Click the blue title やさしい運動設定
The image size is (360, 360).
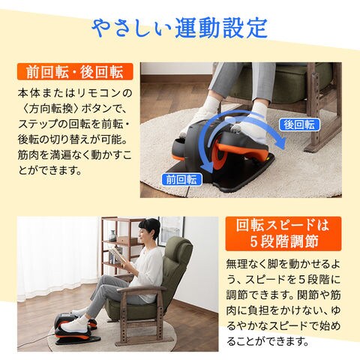pyautogui.click(x=179, y=28)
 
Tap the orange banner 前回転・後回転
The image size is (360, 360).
pyautogui.click(x=75, y=71)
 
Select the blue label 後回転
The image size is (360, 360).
pyautogui.click(x=299, y=124)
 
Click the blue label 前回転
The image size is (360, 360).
pyautogui.click(x=181, y=179)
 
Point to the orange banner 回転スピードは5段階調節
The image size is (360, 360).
pyautogui.click(x=283, y=233)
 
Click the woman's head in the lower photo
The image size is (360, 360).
pyautogui.click(x=149, y=229)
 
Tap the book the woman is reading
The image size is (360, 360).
pyautogui.click(x=116, y=254)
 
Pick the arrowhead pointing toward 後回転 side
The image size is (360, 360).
pyautogui.click(x=280, y=142)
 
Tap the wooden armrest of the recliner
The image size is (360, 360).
pyautogui.click(x=141, y=289)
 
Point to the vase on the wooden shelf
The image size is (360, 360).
pyautogui.click(x=113, y=235)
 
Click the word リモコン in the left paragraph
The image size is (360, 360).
pyautogui.click(x=100, y=93)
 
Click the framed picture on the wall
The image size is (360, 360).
pyautogui.click(x=171, y=230)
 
